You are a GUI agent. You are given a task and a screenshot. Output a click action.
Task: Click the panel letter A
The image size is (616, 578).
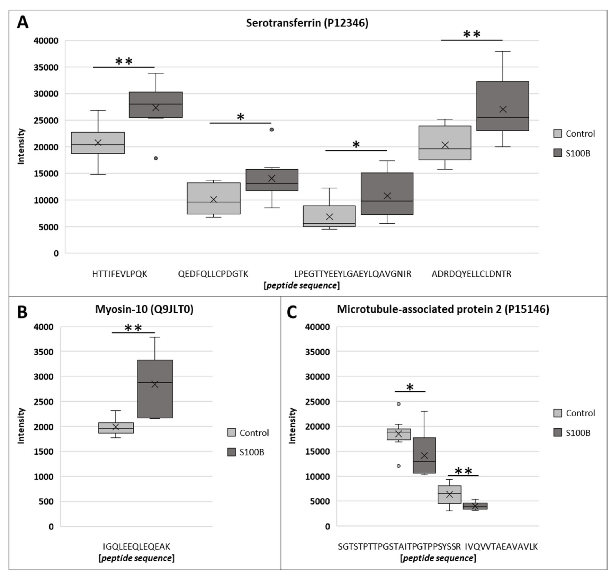(x=22, y=22)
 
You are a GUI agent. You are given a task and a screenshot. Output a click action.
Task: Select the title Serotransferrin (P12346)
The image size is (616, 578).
(x=307, y=23)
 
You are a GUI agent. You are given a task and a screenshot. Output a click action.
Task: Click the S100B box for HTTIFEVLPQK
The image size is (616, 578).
(x=156, y=105)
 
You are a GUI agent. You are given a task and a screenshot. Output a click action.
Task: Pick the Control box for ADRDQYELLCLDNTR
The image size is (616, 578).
(x=445, y=143)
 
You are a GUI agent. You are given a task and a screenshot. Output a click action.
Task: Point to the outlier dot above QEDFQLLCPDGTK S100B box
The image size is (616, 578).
(x=272, y=130)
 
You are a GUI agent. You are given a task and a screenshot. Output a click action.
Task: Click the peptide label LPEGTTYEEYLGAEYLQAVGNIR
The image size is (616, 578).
(x=353, y=274)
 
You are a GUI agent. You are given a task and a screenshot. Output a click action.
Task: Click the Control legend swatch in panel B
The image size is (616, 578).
(x=231, y=433)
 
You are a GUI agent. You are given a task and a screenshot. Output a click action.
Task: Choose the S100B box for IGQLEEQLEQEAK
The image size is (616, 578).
(x=155, y=389)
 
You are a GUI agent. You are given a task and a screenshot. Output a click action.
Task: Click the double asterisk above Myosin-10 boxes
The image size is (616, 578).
(x=133, y=328)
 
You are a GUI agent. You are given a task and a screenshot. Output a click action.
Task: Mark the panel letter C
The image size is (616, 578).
(x=292, y=312)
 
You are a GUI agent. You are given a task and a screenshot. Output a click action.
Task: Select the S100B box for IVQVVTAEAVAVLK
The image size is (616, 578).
(x=475, y=506)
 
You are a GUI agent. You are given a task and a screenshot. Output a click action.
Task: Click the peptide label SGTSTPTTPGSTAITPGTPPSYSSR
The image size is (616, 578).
(x=399, y=547)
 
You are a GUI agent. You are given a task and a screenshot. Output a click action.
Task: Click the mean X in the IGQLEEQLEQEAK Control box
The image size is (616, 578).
(x=116, y=427)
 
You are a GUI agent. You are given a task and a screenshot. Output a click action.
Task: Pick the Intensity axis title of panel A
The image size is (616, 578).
(x=21, y=146)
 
